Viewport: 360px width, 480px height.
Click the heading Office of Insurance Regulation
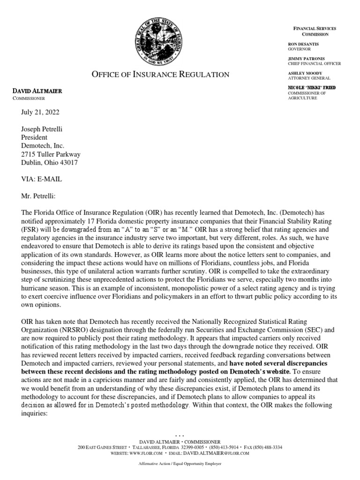pyautogui.click(x=153, y=75)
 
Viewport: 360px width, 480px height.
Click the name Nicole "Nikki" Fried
pyautogui.click(x=311, y=88)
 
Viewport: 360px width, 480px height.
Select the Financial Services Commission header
pyautogui.click(x=315, y=31)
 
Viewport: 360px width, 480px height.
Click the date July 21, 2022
pyautogui.click(x=40, y=112)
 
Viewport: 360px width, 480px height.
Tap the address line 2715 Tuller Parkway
pyautogui.click(x=50, y=154)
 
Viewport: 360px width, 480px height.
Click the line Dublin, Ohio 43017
pyautogui.click(x=49, y=163)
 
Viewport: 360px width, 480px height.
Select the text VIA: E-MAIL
pyautogui.click(x=41, y=179)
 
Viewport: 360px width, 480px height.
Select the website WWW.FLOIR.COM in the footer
pyautogui.click(x=146, y=453)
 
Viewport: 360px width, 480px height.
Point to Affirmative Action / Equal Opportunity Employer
pyautogui.click(x=180, y=464)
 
